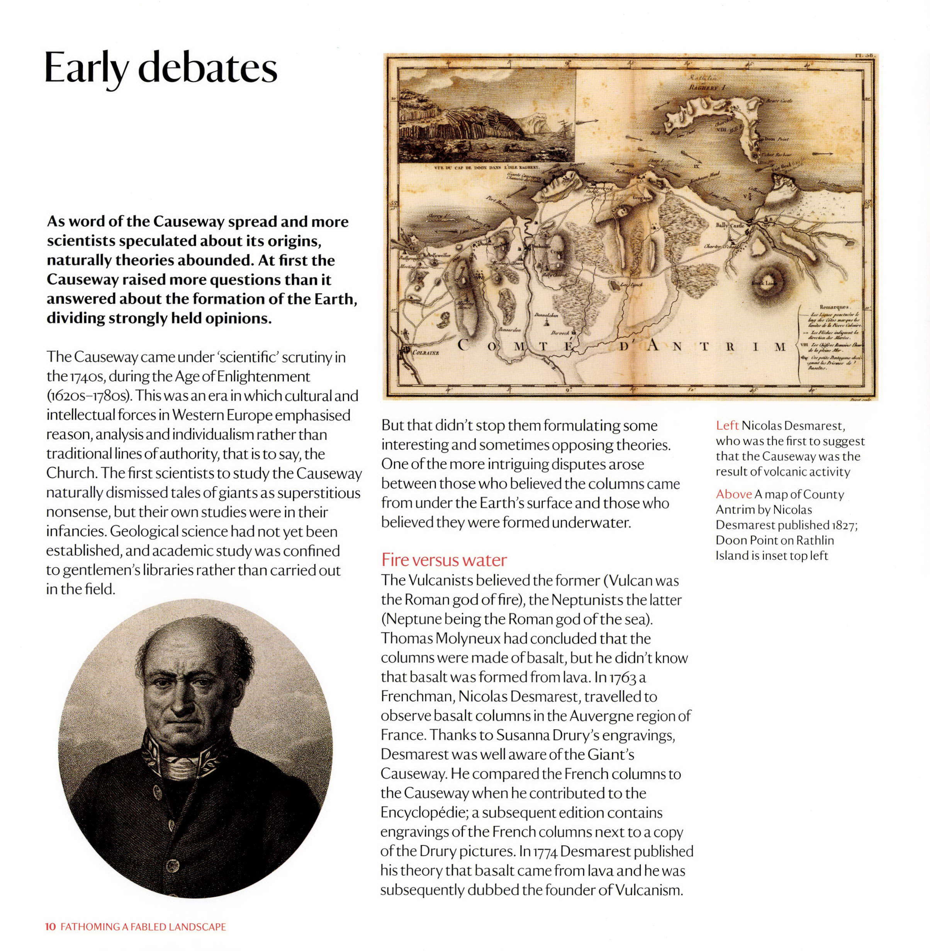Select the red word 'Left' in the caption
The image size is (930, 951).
click(x=727, y=426)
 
